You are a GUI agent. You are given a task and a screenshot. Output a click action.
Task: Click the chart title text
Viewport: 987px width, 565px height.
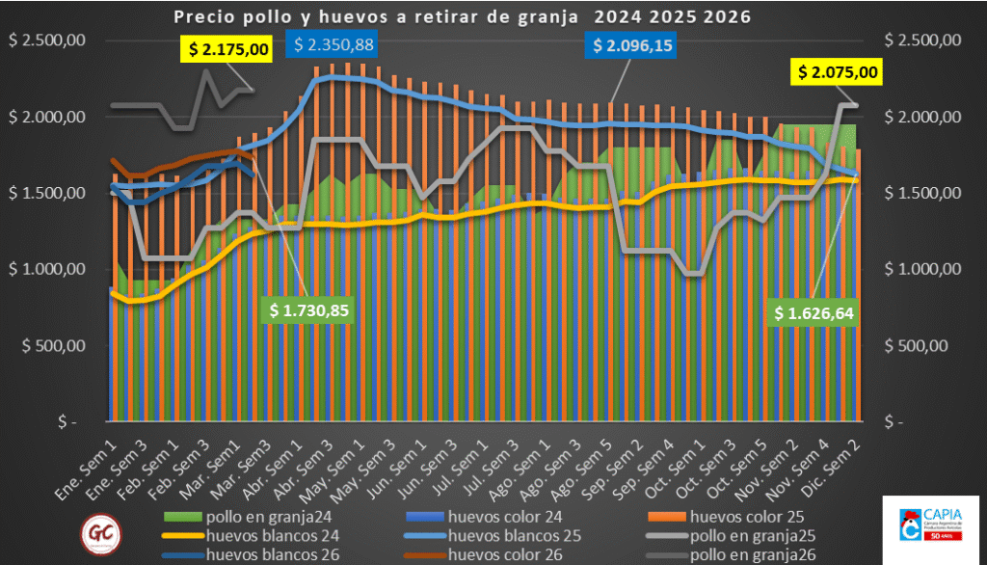(462, 16)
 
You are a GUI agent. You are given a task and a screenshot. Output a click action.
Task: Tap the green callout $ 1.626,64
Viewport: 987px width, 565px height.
(814, 312)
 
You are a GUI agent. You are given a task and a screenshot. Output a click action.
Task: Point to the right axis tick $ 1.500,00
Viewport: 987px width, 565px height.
(924, 193)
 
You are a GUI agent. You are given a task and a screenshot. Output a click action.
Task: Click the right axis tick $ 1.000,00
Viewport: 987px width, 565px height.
(924, 269)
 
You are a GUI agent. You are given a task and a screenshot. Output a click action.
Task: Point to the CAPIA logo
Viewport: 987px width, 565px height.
(929, 527)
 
